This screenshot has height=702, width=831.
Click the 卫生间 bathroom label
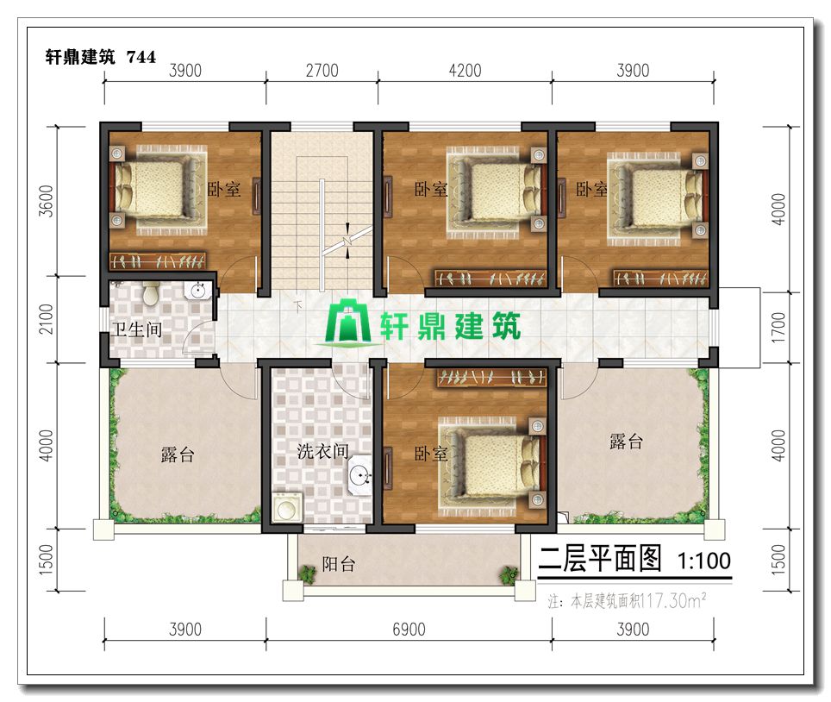click(x=137, y=329)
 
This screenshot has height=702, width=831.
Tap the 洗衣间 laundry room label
click(x=322, y=451)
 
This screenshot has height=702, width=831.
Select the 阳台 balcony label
click(x=339, y=564)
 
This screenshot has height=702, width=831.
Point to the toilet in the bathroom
click(x=151, y=293)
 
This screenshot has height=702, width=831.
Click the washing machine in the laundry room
click(x=287, y=507)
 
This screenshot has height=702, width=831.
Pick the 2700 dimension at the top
click(x=322, y=71)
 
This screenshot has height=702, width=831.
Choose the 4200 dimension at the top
click(x=465, y=71)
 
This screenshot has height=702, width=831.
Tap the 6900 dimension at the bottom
click(x=409, y=630)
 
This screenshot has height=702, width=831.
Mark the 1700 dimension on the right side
click(x=778, y=327)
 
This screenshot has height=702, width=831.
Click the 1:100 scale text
click(x=704, y=561)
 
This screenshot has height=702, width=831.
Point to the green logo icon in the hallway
click(x=347, y=323)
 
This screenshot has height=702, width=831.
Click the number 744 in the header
click(x=141, y=57)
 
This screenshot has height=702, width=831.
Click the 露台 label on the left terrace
click(x=178, y=454)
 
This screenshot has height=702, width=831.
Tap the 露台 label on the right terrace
click(x=626, y=442)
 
